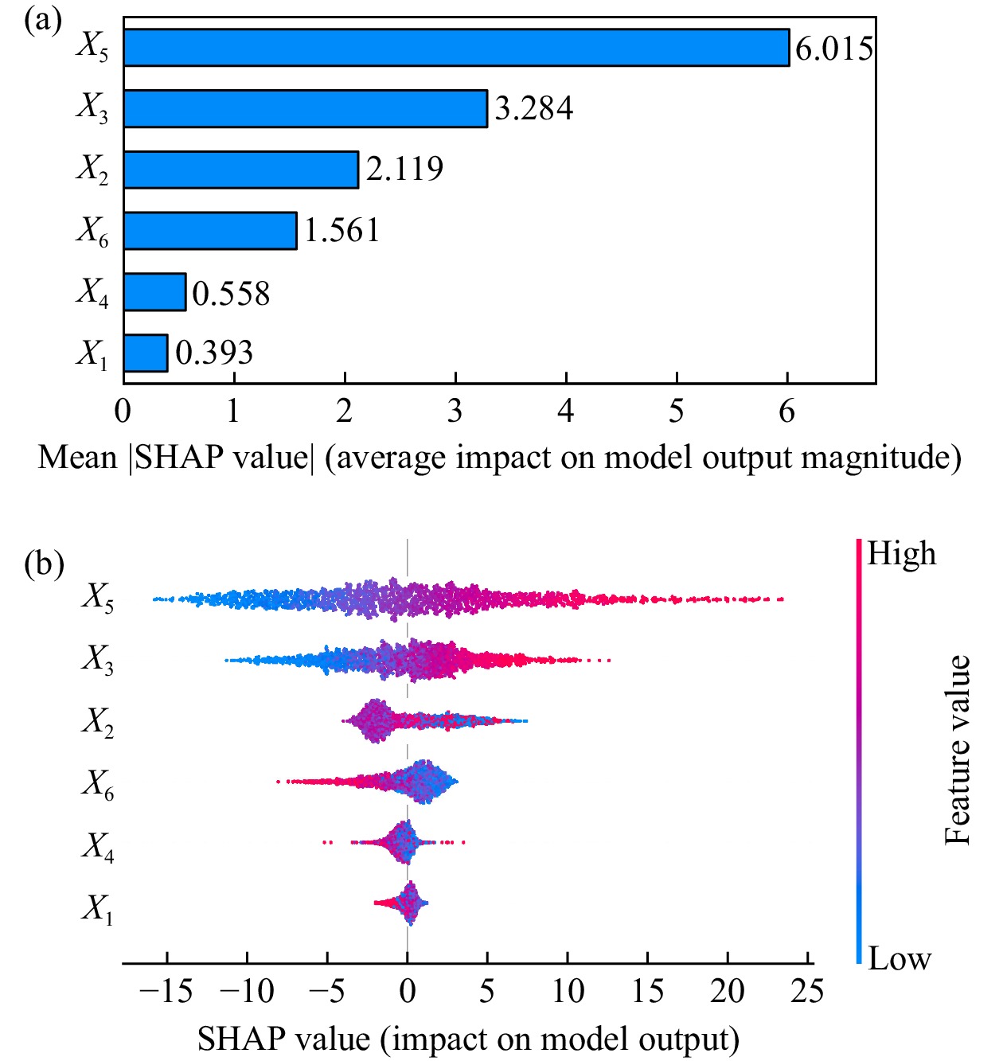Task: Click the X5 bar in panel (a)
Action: [x=455, y=48]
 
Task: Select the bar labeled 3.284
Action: [x=305, y=108]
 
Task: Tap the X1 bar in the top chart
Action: [x=146, y=353]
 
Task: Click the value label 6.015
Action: [x=833, y=49]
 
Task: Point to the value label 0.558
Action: [x=231, y=293]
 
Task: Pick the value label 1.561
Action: [x=341, y=231]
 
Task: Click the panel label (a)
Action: [x=42, y=19]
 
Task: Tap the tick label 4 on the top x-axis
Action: [x=565, y=411]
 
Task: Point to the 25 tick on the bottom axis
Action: [x=806, y=991]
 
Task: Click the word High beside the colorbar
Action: [x=901, y=553]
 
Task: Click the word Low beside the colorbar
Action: [x=899, y=958]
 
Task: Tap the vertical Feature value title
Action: [x=958, y=750]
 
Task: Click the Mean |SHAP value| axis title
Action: [x=499, y=458]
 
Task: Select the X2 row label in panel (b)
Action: [x=97, y=723]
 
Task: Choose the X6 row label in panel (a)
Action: [x=92, y=232]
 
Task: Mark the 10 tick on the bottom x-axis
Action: [x=568, y=991]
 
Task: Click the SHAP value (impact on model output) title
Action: [x=468, y=1038]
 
